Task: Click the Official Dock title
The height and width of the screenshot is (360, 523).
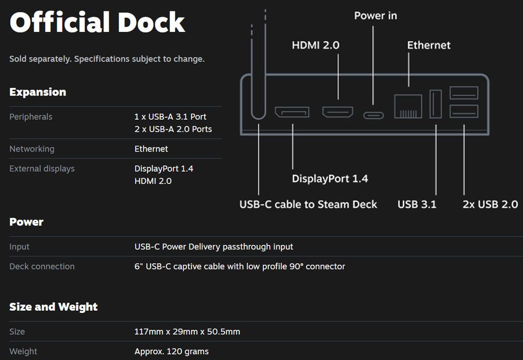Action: click(97, 23)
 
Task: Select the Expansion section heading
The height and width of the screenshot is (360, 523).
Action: click(38, 92)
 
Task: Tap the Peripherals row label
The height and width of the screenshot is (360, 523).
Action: click(31, 117)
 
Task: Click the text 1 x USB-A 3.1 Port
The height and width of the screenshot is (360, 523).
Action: click(170, 117)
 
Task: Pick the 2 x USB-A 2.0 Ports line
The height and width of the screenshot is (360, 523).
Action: click(173, 129)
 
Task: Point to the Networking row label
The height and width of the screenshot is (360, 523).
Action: click(32, 149)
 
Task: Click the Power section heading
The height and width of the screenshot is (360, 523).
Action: click(26, 222)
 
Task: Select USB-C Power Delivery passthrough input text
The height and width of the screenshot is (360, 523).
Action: click(214, 246)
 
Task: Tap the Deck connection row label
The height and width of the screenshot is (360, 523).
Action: click(42, 266)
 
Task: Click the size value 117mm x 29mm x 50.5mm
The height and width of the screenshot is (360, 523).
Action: click(187, 332)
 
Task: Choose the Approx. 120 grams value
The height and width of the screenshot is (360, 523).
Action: click(171, 351)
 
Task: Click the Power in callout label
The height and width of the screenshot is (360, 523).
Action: click(375, 16)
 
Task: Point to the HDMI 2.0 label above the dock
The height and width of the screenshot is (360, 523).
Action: click(316, 46)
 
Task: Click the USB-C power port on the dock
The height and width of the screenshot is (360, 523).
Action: click(373, 115)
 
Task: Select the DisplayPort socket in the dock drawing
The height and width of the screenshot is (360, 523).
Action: click(292, 112)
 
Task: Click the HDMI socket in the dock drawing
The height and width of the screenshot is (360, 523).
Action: click(338, 111)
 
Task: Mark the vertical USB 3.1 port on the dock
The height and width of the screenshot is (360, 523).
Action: click(436, 104)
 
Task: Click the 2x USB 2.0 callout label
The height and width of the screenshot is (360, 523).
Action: click(490, 204)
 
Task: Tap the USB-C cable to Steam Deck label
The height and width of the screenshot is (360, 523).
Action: click(308, 204)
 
